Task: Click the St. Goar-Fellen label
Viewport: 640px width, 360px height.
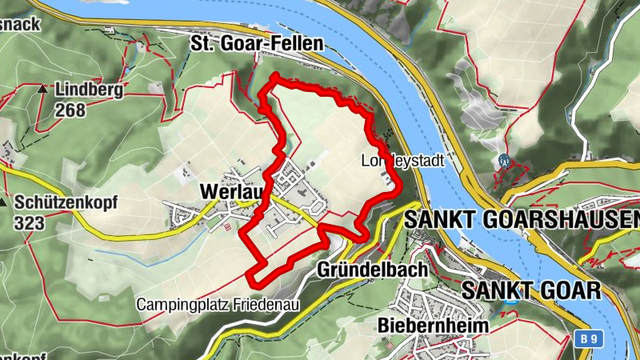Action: [x=256, y=43]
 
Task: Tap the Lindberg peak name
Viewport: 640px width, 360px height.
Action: [x=89, y=90]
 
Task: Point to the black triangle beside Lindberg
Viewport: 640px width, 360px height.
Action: [x=42, y=89]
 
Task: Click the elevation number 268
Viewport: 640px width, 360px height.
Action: [x=70, y=110]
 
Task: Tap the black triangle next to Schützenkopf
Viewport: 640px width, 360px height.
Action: [x=6, y=202]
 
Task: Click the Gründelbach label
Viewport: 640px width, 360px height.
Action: [x=373, y=270]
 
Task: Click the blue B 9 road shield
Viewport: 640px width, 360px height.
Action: [x=589, y=339]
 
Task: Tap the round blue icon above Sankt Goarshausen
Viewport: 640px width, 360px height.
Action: [x=503, y=160]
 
